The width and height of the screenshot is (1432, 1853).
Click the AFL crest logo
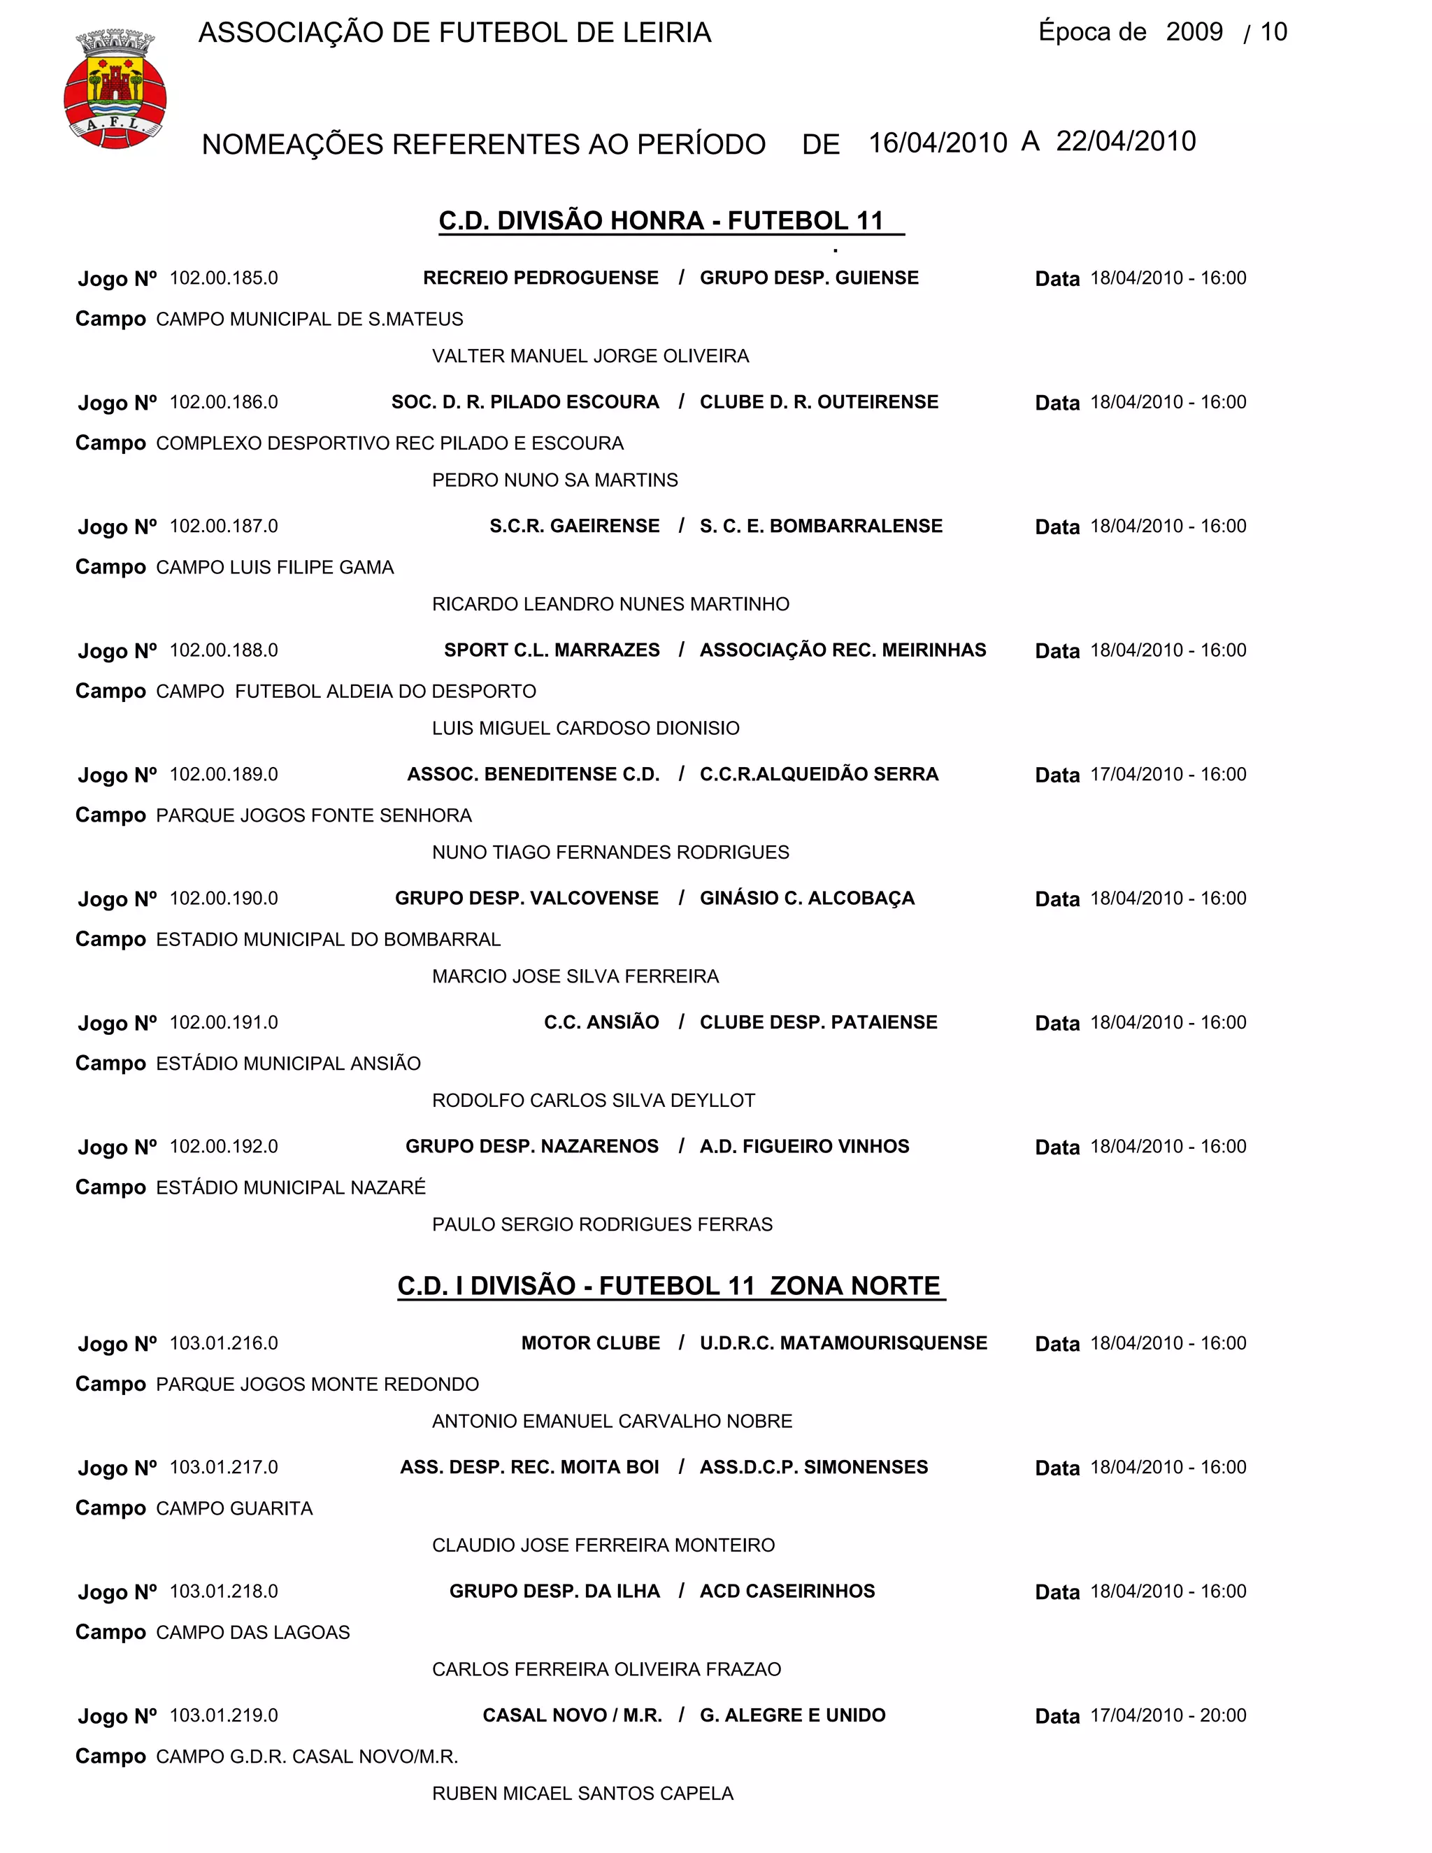pyautogui.click(x=115, y=89)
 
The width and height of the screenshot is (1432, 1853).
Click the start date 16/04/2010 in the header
pyautogui.click(x=938, y=143)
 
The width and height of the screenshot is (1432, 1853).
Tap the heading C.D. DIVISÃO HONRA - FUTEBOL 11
pyautogui.click(x=661, y=220)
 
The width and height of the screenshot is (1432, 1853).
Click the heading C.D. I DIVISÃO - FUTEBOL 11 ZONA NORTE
pyautogui.click(x=669, y=1285)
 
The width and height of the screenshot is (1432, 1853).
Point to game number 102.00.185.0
pyautogui.click(x=224, y=278)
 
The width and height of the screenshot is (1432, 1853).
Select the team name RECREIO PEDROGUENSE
pyautogui.click(x=540, y=278)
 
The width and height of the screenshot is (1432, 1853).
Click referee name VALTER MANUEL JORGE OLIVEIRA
pyautogui.click(x=590, y=357)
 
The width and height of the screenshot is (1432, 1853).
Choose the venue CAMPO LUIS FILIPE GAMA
pyautogui.click(x=275, y=568)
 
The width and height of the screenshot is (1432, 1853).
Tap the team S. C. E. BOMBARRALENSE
pyautogui.click(x=820, y=526)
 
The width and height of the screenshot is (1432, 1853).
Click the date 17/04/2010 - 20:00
pyautogui.click(x=1168, y=1715)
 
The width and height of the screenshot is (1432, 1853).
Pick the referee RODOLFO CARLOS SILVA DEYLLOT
pyautogui.click(x=593, y=1101)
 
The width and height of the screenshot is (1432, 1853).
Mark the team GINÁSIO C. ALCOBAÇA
pyautogui.click(x=807, y=899)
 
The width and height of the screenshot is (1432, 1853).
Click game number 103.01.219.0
pyautogui.click(x=224, y=1715)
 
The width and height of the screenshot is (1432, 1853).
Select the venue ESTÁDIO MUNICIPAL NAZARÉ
pyautogui.click(x=291, y=1188)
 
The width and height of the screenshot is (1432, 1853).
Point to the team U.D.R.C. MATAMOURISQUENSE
pyautogui.click(x=843, y=1343)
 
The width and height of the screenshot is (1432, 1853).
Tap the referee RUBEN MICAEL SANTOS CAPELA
pyautogui.click(x=583, y=1793)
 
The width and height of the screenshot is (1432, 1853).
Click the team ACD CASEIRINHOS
pyautogui.click(x=787, y=1591)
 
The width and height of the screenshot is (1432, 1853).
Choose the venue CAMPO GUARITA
pyautogui.click(x=234, y=1508)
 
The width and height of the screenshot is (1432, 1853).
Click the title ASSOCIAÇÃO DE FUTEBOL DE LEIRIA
pyautogui.click(x=454, y=33)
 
